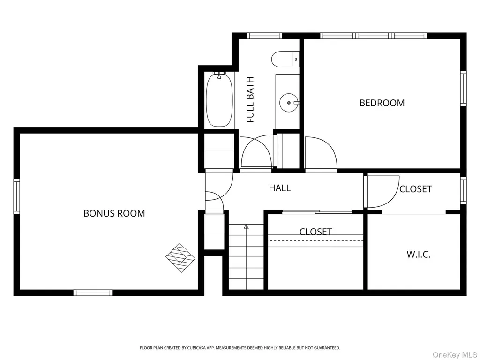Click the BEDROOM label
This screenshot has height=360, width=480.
(382, 103)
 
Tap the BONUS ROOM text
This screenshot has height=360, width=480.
(114, 213)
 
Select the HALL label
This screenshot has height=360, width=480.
(280, 188)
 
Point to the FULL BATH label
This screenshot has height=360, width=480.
(250, 100)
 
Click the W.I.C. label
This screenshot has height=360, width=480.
(419, 254)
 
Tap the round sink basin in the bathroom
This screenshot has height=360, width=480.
(288, 103)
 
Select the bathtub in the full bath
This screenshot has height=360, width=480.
(219, 100)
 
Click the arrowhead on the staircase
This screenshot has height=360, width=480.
(246, 227)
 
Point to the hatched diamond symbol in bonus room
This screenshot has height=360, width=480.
(180, 258)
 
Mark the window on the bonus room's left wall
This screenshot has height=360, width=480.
(16, 196)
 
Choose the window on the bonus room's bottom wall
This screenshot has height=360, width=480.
(93, 292)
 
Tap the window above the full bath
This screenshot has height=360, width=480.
(264, 36)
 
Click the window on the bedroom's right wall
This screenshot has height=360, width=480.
(464, 88)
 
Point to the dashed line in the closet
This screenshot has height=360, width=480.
(315, 240)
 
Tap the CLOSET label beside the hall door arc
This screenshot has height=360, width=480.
(415, 189)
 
